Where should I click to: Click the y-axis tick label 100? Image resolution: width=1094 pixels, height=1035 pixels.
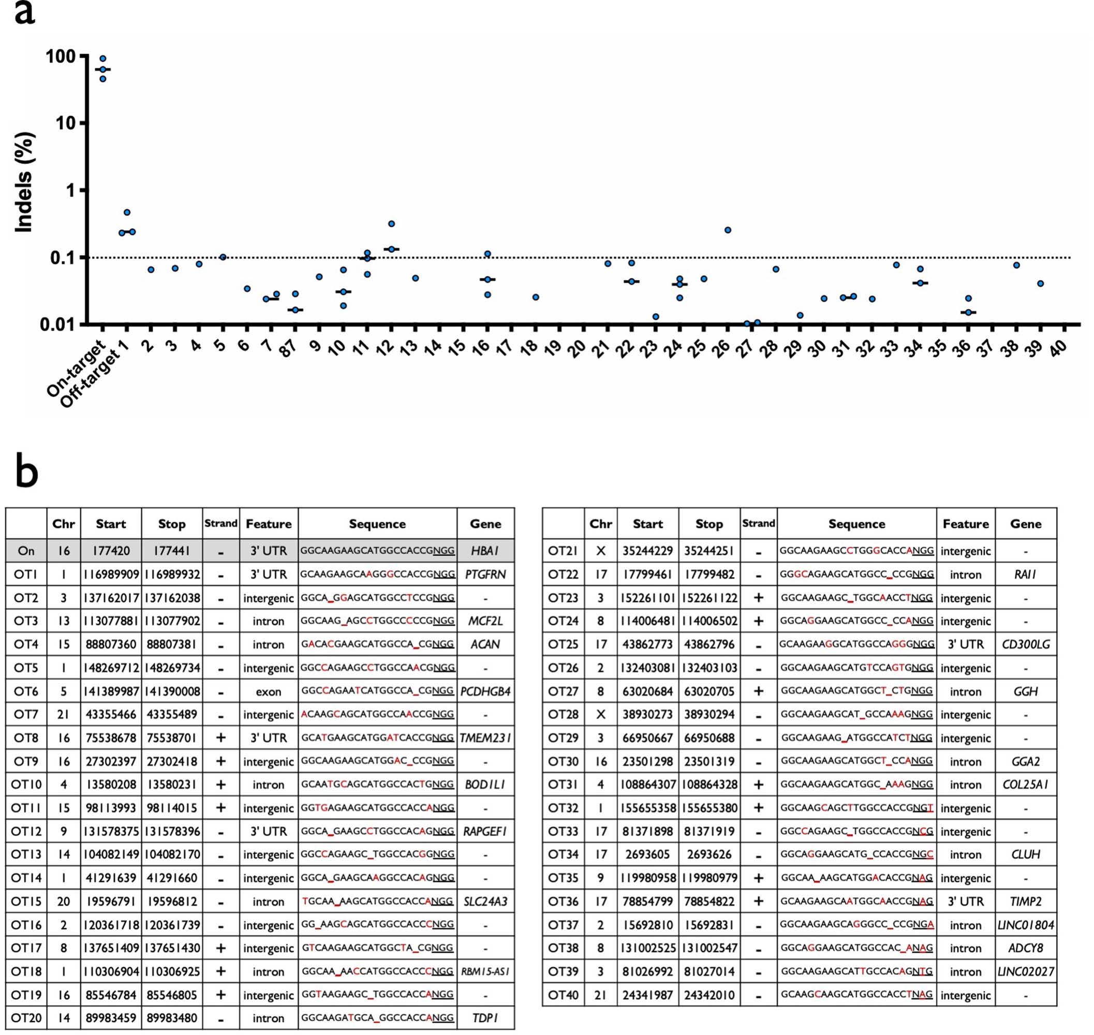(60, 56)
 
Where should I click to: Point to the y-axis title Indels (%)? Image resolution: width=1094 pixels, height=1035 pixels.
(24, 182)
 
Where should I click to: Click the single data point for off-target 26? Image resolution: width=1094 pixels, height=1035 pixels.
(728, 230)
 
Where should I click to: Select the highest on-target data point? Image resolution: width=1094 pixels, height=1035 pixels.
(102, 58)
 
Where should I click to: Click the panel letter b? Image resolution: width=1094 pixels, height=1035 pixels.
(26, 472)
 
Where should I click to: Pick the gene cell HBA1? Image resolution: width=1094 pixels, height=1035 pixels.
(485, 551)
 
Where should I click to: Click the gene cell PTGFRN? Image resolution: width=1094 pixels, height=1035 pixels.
(485, 574)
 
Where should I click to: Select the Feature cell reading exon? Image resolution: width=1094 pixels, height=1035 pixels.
(268, 691)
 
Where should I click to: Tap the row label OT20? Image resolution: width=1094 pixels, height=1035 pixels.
(26, 1018)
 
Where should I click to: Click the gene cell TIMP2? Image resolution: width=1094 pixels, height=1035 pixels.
(1025, 901)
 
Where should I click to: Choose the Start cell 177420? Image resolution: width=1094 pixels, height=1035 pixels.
(111, 551)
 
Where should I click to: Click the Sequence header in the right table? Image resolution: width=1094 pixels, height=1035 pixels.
(856, 524)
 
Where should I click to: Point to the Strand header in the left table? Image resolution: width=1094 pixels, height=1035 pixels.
(220, 523)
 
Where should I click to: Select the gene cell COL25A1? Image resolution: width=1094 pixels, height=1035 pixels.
(1025, 785)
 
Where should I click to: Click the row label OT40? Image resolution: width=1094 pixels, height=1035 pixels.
(563, 995)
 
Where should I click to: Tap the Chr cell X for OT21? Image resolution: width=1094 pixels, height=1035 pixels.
(600, 551)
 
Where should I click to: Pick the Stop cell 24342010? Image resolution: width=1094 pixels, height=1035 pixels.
(709, 995)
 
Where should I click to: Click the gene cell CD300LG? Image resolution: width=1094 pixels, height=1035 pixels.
(1025, 644)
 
